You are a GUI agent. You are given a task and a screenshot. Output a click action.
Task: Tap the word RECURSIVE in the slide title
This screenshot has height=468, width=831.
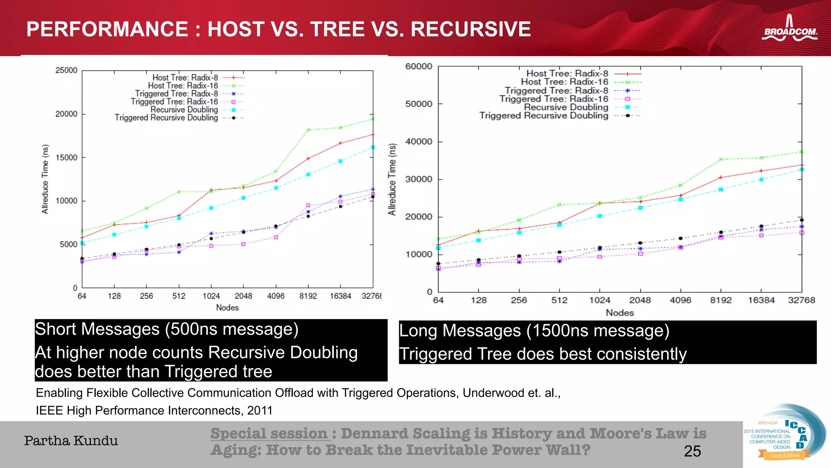point(471,29)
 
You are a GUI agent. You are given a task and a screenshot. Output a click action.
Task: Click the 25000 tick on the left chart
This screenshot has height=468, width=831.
point(66,70)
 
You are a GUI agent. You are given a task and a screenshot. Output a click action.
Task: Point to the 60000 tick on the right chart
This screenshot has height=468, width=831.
point(418,66)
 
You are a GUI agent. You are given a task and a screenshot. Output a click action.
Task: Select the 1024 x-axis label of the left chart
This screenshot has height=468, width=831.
point(211,296)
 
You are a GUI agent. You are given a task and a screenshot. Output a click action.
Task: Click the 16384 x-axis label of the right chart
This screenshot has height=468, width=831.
point(761,300)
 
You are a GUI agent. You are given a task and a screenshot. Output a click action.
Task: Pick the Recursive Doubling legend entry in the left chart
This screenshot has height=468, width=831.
point(184,110)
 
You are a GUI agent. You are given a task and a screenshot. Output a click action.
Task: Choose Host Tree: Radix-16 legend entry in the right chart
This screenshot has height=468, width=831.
point(564,82)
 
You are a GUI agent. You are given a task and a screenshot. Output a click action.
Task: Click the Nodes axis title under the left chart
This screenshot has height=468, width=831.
point(227,308)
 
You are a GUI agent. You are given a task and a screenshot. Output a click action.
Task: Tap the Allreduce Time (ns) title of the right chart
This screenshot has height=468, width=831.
point(392,179)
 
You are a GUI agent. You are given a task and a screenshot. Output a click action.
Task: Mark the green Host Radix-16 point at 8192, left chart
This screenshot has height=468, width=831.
point(308,130)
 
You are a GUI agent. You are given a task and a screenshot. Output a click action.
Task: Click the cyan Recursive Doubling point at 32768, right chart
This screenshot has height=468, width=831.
point(802,169)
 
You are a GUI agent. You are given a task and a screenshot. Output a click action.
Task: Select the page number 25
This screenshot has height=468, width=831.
point(692,451)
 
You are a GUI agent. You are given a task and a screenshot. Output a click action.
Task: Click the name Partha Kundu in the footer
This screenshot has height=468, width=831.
point(71,441)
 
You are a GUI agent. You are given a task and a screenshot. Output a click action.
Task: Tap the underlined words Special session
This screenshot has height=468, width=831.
point(269,433)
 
